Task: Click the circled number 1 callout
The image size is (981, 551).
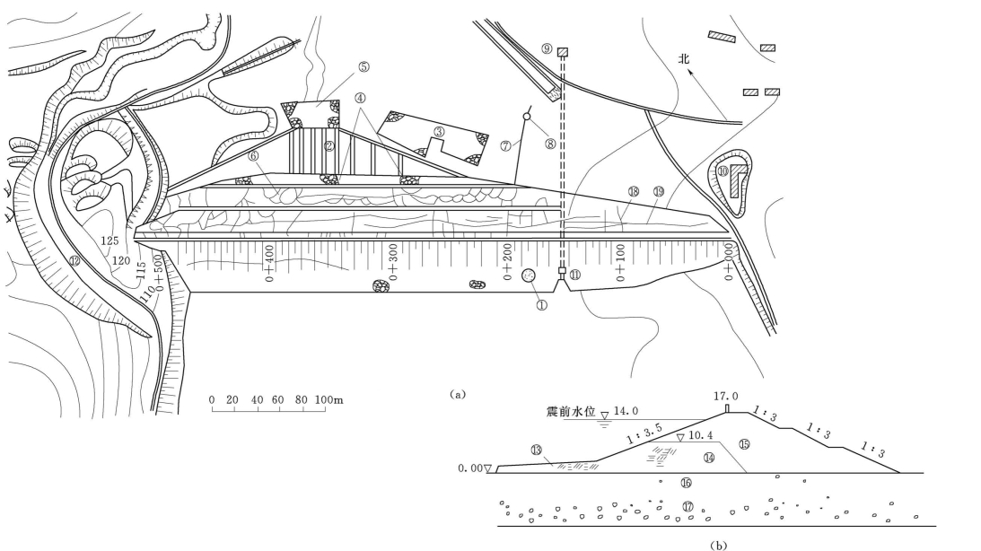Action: tap(541, 304)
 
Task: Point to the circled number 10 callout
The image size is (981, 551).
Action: tap(723, 170)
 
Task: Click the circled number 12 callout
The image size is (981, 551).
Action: tap(74, 262)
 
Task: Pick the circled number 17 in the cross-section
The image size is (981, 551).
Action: tap(688, 507)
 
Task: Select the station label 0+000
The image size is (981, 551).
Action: tap(729, 262)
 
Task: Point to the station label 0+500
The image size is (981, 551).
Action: tap(159, 274)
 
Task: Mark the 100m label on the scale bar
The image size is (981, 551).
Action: tap(331, 398)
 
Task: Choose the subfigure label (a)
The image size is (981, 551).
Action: tap(460, 393)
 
